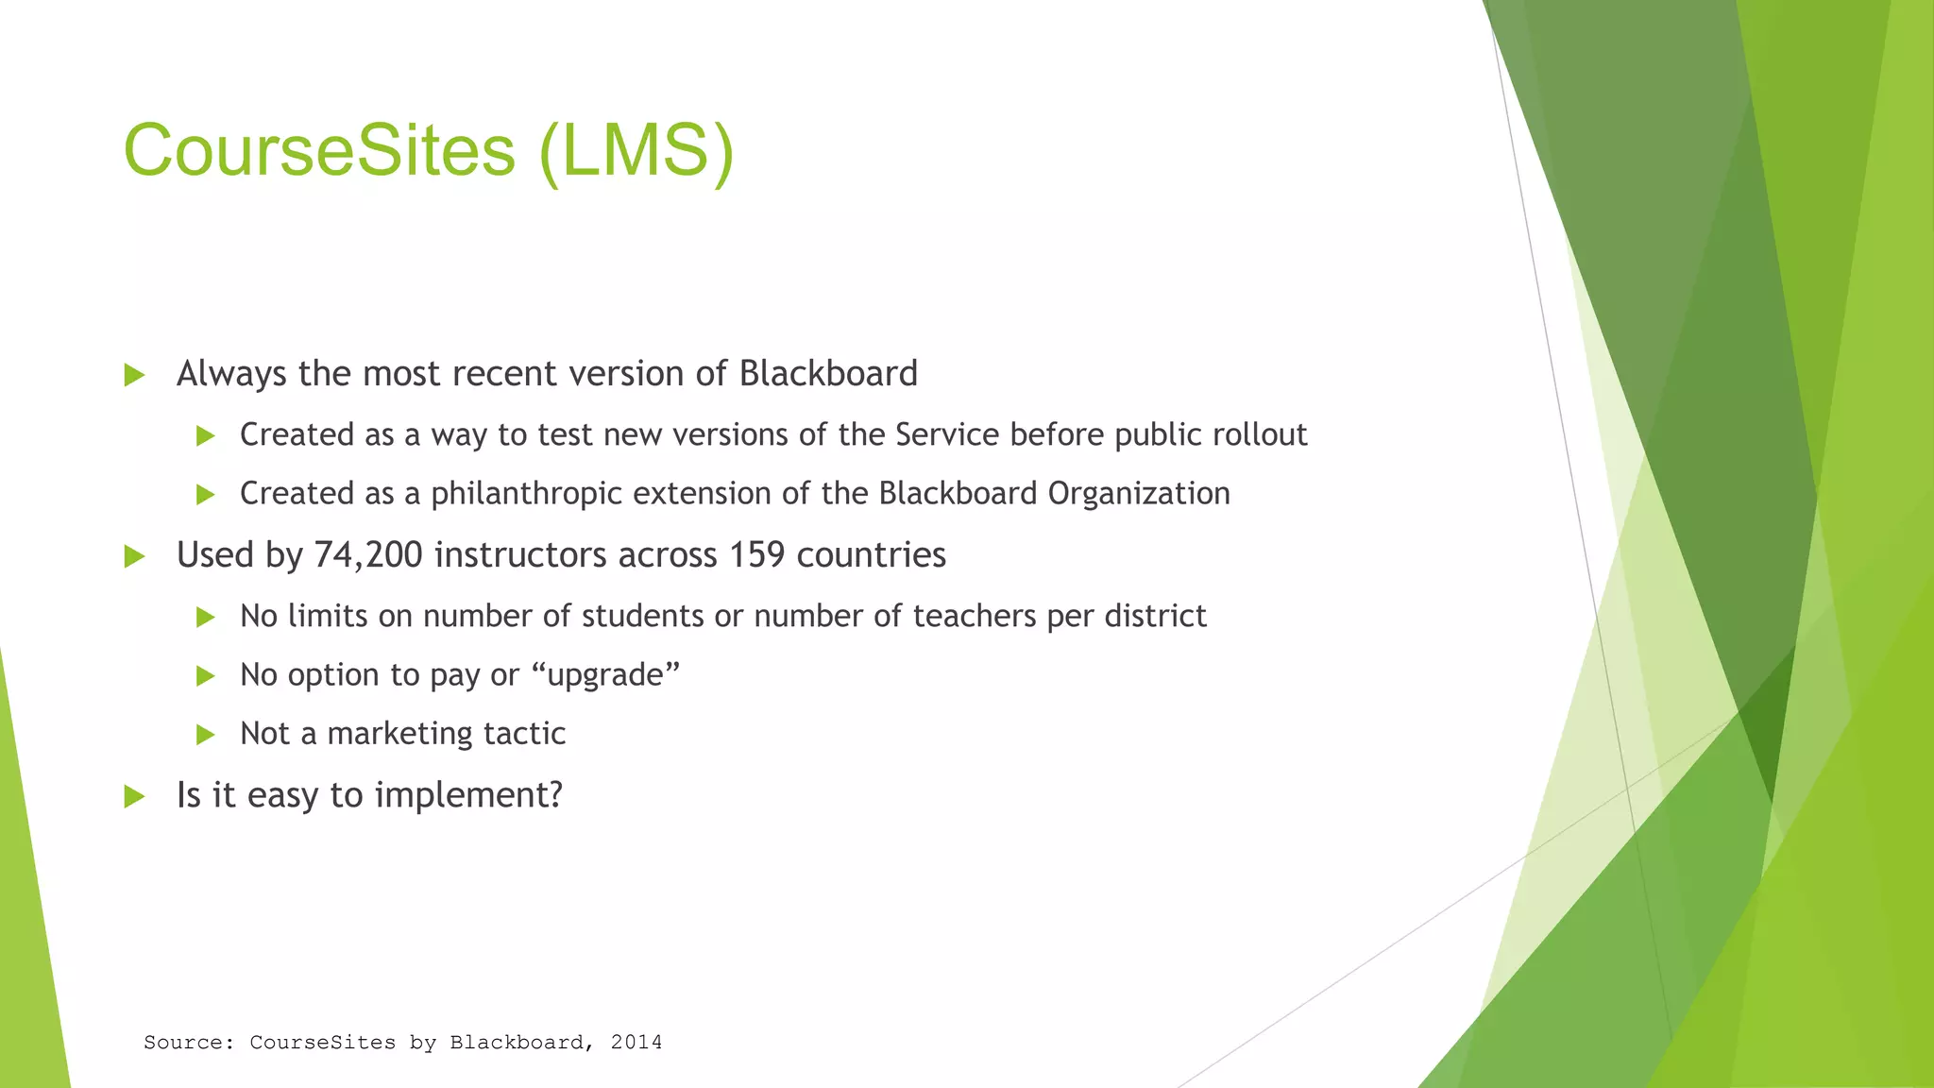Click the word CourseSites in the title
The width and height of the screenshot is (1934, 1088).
[319, 151]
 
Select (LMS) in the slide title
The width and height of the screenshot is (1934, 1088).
[636, 151]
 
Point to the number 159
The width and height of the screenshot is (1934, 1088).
[756, 555]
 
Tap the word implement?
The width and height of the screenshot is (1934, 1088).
[468, 795]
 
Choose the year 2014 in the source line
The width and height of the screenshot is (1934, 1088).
[636, 1043]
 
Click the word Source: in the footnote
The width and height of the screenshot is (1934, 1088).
[189, 1043]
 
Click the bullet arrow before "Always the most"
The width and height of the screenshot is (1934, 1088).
[134, 376]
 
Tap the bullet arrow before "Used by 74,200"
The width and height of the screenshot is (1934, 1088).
[134, 557]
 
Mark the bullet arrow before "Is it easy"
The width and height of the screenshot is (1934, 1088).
[134, 797]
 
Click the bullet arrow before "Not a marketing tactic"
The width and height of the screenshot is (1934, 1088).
[205, 736]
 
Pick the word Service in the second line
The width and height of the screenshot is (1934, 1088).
[947, 435]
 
